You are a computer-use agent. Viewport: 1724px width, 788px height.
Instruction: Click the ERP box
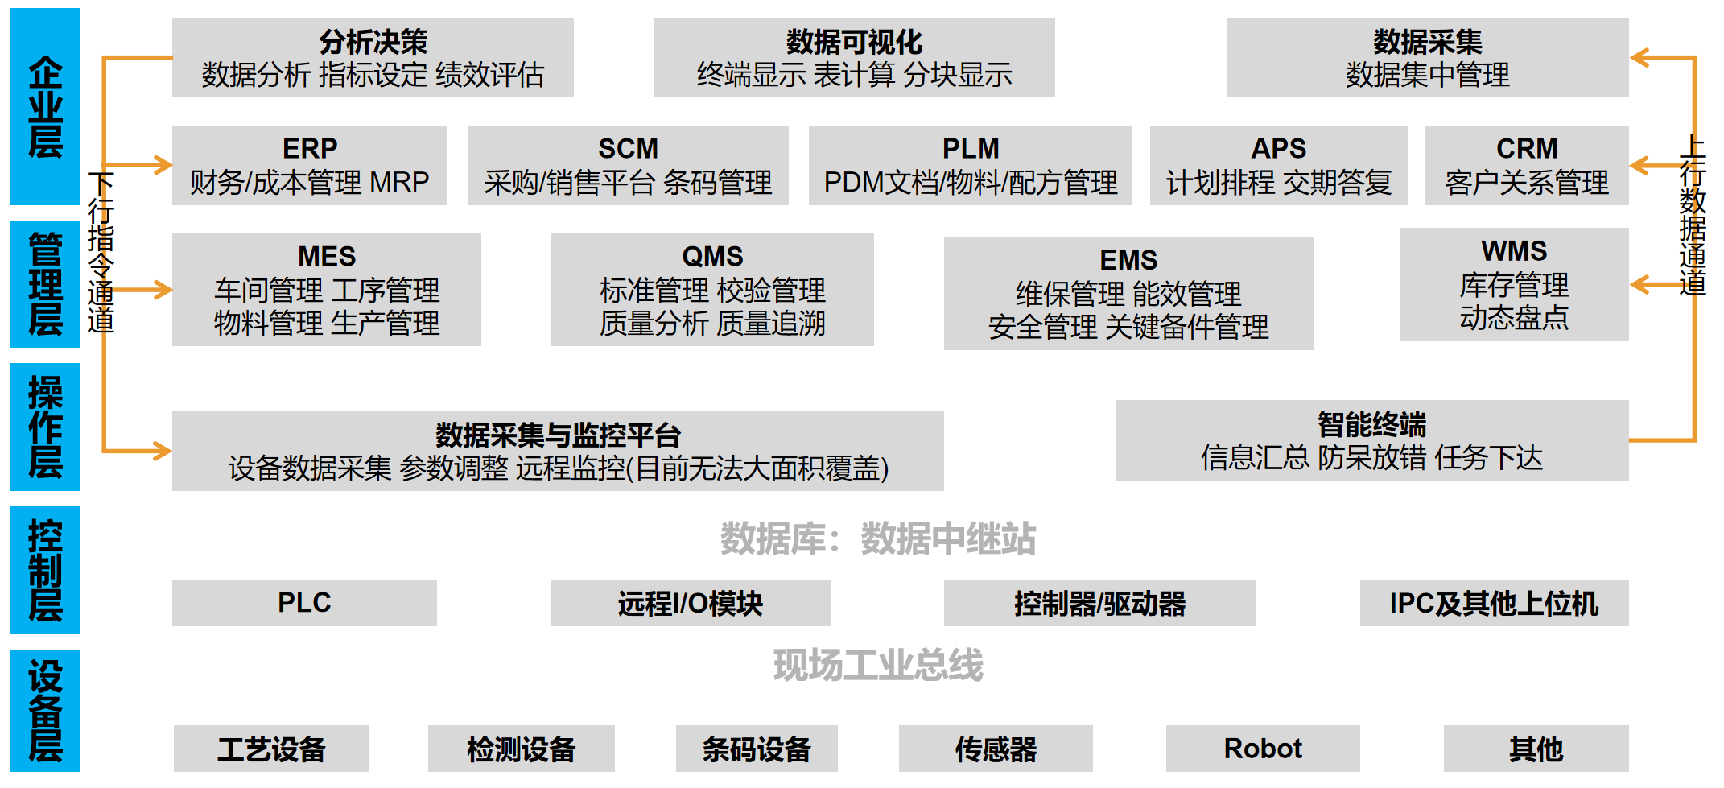click(309, 165)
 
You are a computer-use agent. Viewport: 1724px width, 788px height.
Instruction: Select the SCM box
click(628, 165)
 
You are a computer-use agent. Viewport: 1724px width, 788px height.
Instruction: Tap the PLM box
click(970, 165)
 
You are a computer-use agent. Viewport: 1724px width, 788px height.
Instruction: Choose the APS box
click(1278, 165)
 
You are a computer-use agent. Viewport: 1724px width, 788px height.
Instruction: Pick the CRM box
click(1526, 165)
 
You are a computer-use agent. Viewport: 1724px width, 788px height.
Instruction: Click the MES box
click(326, 290)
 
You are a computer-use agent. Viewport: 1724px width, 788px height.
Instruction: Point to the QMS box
click(712, 290)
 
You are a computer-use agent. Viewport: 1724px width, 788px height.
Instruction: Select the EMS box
click(1128, 293)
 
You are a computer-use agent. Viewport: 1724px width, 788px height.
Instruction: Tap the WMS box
click(1514, 284)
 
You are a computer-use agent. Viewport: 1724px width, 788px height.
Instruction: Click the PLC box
click(304, 602)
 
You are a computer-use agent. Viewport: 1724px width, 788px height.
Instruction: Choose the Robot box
click(1262, 749)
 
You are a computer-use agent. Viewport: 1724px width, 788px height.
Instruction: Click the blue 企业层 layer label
click(44, 106)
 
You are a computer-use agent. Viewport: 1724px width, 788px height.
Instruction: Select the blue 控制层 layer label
click(44, 570)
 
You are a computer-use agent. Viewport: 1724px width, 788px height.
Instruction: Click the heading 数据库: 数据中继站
click(877, 538)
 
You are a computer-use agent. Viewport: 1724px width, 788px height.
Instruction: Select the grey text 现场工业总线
click(877, 665)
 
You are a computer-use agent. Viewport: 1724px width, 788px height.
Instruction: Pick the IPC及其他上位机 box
click(1494, 602)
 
